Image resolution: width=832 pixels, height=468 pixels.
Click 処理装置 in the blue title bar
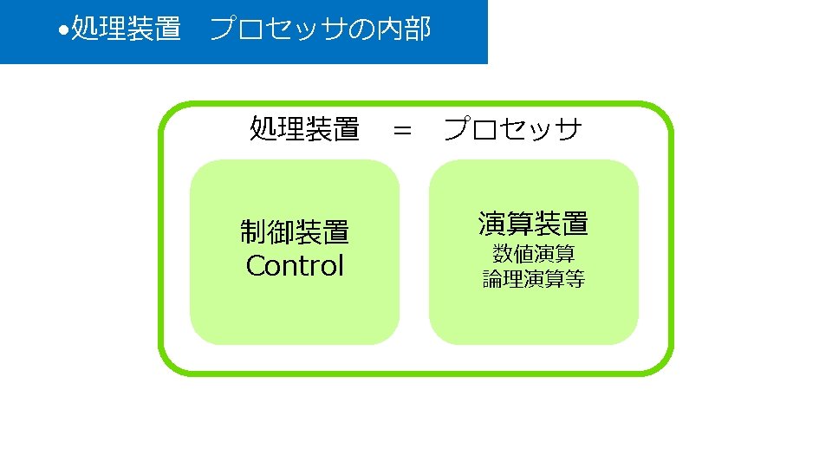(x=126, y=30)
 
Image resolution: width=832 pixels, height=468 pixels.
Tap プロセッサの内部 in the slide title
(x=320, y=30)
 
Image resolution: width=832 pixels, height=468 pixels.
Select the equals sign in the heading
(x=402, y=131)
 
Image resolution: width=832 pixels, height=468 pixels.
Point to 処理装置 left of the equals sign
(x=304, y=129)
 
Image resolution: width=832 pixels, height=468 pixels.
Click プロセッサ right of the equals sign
(x=512, y=130)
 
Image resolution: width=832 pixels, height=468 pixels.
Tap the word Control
(x=295, y=266)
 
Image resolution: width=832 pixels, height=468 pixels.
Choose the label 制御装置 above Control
(x=295, y=232)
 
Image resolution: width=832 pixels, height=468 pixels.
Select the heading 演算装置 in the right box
(x=533, y=224)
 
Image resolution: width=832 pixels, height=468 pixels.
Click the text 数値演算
(x=533, y=254)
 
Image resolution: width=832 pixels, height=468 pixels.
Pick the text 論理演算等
(x=533, y=279)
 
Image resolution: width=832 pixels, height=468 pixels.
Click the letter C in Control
(x=256, y=266)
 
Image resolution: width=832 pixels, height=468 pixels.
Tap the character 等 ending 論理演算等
(x=575, y=279)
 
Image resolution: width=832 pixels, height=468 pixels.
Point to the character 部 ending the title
(x=417, y=30)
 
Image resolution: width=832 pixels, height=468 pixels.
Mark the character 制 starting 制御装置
(x=254, y=232)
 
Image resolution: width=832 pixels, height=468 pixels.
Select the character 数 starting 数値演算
(x=503, y=254)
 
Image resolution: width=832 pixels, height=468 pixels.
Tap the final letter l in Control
(x=341, y=265)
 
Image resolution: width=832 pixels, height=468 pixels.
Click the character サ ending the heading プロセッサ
(x=569, y=130)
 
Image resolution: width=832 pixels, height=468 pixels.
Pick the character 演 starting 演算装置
(x=491, y=224)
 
